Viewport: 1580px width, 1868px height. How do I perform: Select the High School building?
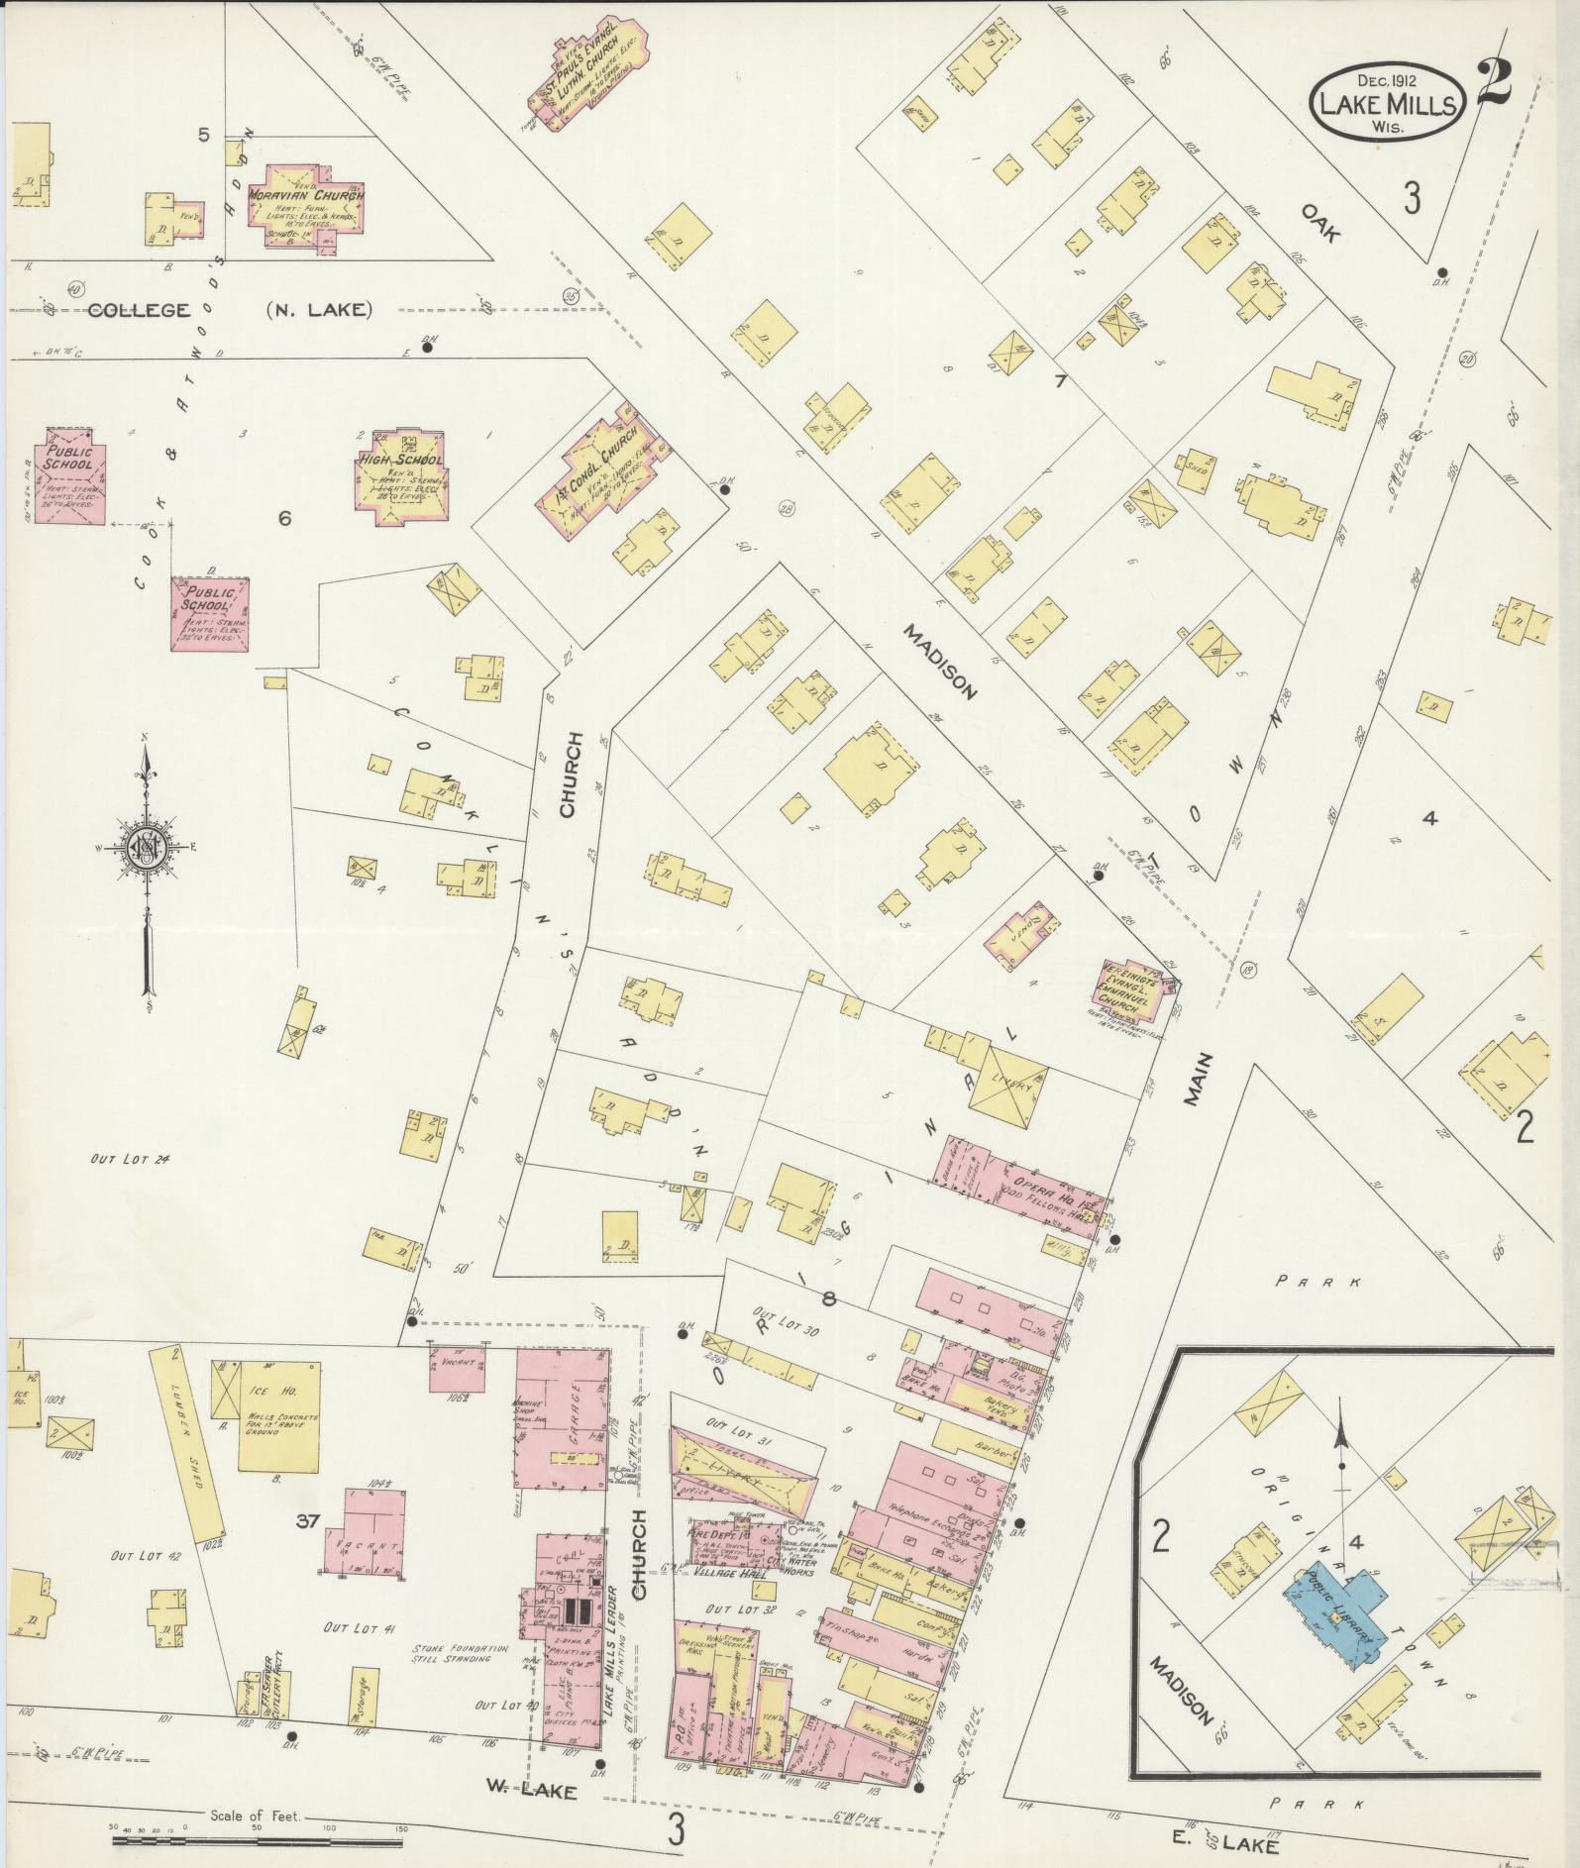[x=400, y=473]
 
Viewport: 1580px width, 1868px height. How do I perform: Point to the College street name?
[x=138, y=310]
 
